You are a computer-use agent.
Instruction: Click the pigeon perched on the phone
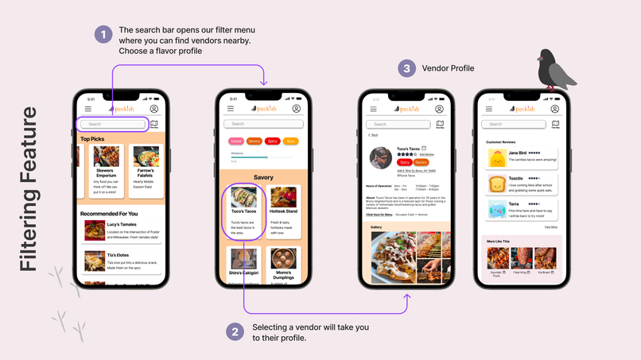(556, 71)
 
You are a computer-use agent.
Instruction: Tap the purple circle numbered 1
(103, 34)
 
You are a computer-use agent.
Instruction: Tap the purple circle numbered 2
(235, 331)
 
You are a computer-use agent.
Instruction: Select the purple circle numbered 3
(406, 68)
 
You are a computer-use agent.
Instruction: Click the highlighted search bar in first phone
(113, 124)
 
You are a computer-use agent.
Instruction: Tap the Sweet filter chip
(236, 141)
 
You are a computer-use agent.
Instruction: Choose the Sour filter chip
(290, 141)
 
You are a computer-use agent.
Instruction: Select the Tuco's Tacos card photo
(244, 197)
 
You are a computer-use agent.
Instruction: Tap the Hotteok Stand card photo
(282, 197)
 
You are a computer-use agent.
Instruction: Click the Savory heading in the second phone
(263, 177)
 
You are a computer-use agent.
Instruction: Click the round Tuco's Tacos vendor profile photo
(381, 157)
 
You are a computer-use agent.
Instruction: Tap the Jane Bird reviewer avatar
(496, 157)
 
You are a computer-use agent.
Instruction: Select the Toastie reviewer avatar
(496, 184)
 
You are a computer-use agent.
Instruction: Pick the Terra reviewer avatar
(496, 210)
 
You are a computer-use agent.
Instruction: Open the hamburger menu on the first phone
(88, 109)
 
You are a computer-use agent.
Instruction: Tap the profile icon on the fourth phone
(556, 109)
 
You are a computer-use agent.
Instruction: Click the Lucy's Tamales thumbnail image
(95, 230)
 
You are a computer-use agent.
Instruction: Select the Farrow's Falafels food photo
(146, 157)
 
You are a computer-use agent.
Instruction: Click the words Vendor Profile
(448, 68)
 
